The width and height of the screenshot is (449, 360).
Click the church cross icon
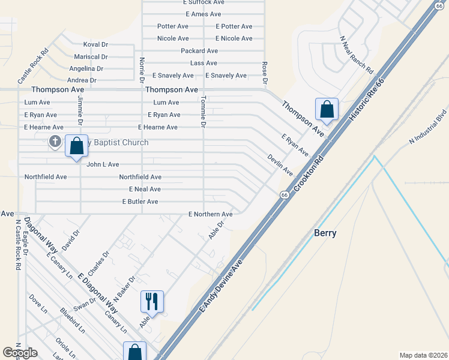point(55,142)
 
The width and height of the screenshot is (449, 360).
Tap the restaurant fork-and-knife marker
point(152,300)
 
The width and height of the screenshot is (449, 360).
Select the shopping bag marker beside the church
point(76,146)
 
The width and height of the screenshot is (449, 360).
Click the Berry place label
point(325,233)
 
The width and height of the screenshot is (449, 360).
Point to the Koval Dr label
point(95,44)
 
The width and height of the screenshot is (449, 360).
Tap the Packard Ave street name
point(199,51)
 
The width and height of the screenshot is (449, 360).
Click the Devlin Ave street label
point(280,163)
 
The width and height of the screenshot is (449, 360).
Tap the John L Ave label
point(103,164)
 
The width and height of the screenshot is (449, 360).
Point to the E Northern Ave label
point(210,214)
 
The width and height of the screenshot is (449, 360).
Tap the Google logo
point(20,353)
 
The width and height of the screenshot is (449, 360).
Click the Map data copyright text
point(423,355)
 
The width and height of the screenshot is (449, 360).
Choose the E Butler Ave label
point(140,202)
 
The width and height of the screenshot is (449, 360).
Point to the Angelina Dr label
point(86,68)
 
